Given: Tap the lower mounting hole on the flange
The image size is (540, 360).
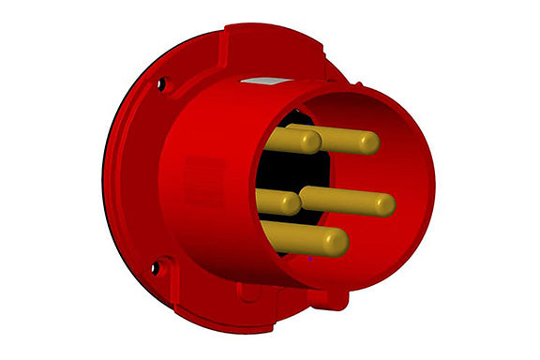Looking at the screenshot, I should coord(156,268).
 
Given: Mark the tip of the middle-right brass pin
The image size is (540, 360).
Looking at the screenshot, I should coord(387,202).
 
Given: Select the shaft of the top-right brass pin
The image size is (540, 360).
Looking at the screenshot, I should coord(342,142).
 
